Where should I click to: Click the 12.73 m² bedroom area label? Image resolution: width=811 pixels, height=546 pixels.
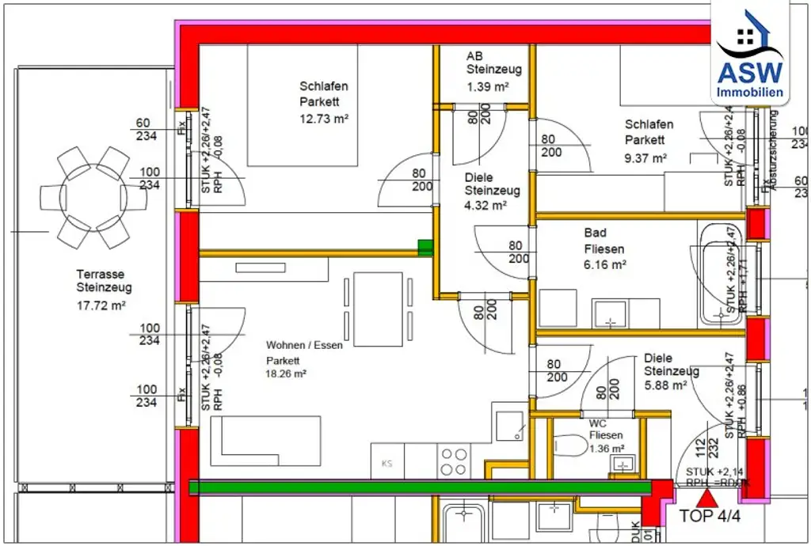pos(324,118)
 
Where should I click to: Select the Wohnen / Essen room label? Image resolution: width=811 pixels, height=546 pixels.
pos(304,345)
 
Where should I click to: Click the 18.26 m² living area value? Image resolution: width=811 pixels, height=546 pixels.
pos(286,373)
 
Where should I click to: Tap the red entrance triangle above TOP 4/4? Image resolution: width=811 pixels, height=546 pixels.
pos(706,498)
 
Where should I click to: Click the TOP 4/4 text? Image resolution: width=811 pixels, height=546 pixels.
pos(709,517)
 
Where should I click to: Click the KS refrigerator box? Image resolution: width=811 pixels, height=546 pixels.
pos(387,462)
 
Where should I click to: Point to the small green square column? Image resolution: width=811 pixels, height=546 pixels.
pos(426,248)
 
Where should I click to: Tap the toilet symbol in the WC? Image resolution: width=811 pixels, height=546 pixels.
pos(568,449)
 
